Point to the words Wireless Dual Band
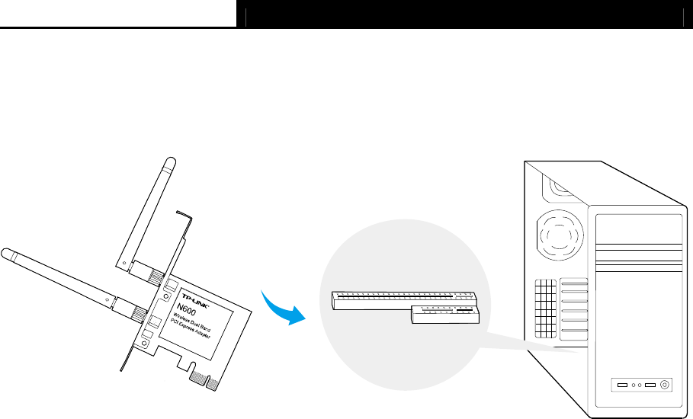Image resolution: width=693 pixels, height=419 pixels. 197,322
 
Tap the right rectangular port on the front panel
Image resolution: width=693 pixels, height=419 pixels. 650,385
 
